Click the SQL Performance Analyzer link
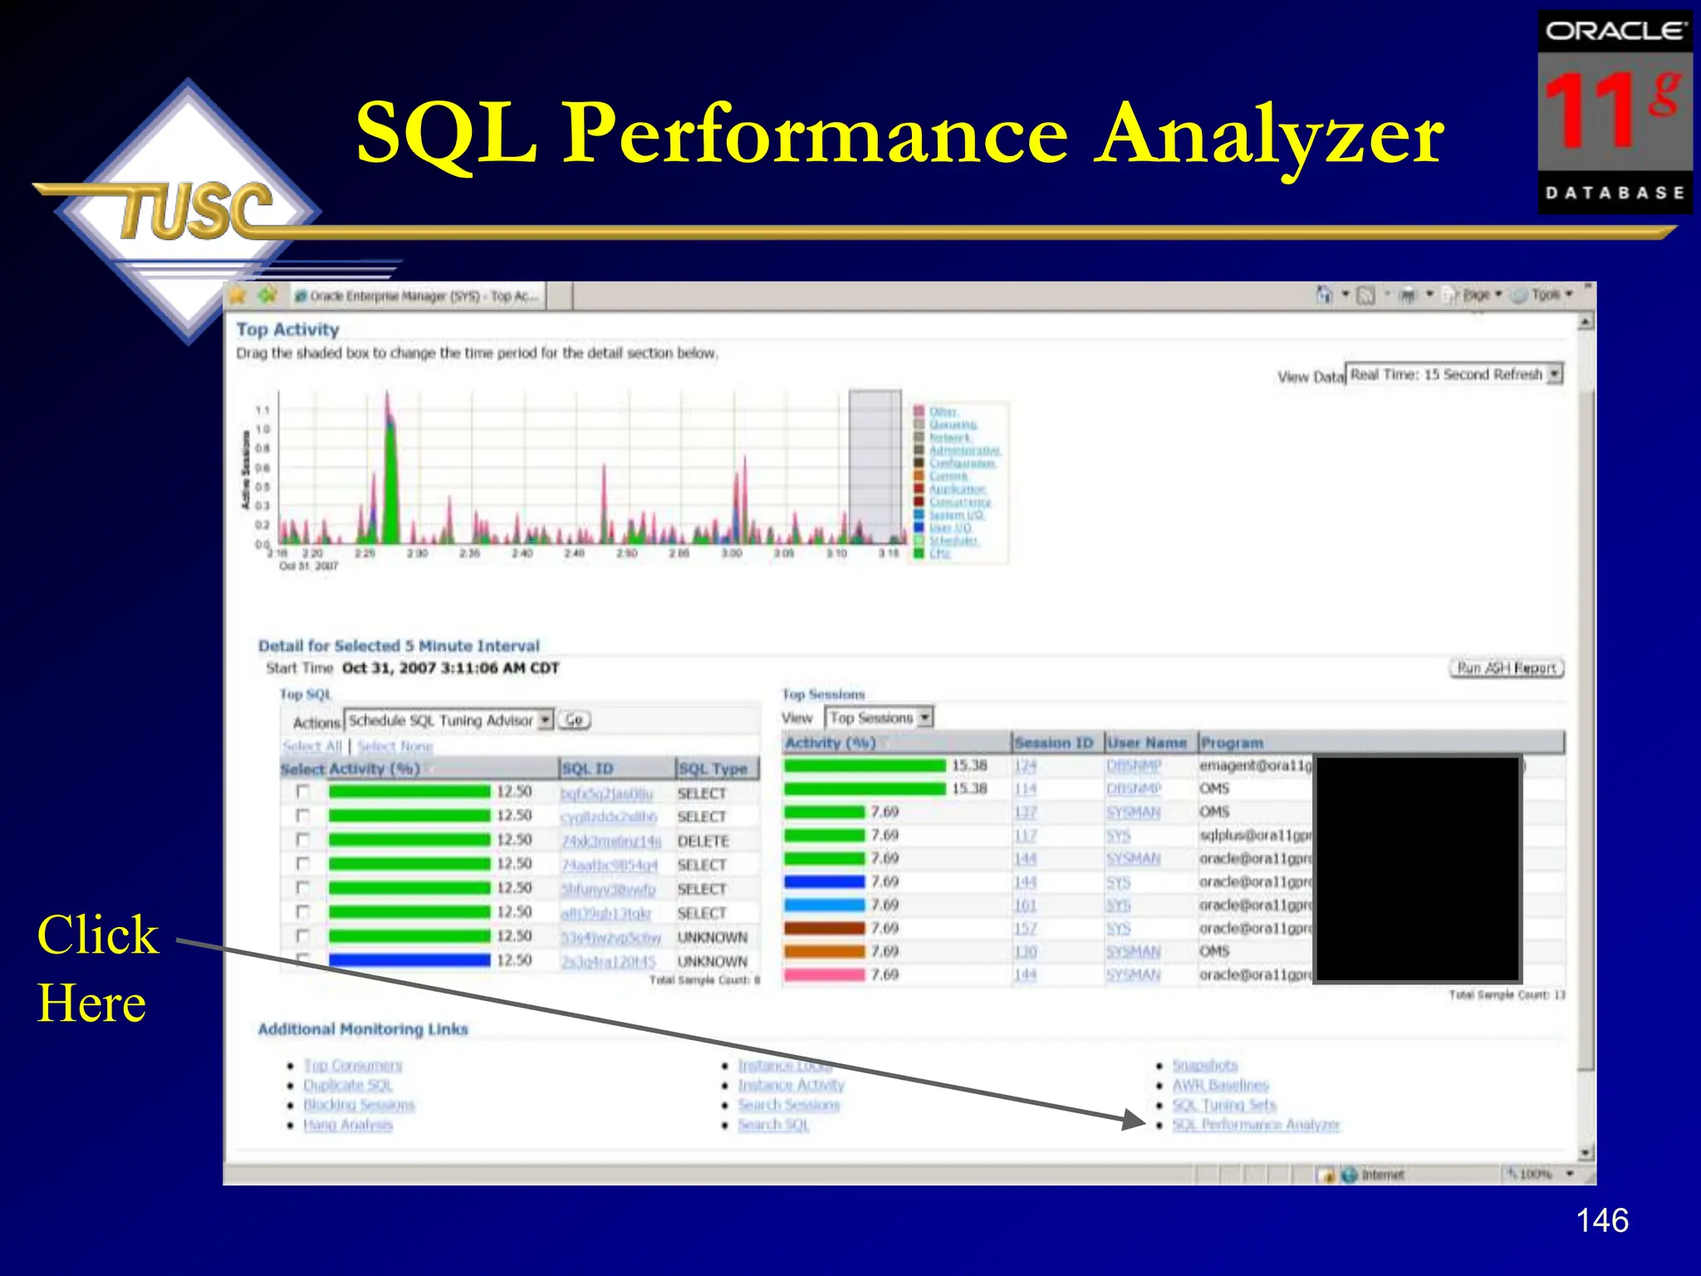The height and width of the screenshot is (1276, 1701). [1256, 1125]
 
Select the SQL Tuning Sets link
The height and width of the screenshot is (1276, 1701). [1223, 1105]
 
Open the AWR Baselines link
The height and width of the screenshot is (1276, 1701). [1220, 1085]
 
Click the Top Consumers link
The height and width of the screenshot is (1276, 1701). [352, 1065]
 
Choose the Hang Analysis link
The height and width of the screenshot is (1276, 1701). [347, 1125]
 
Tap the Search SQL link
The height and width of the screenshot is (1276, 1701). [773, 1125]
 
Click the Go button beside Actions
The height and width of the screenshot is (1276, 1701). [574, 720]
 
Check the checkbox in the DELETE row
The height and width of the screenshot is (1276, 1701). [303, 840]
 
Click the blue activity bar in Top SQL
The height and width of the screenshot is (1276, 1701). [409, 960]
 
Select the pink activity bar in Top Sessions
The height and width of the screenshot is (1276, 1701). [824, 974]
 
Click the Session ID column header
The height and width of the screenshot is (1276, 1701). [1053, 743]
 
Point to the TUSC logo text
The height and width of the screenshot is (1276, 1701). [196, 210]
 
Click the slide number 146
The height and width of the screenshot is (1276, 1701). [1601, 1220]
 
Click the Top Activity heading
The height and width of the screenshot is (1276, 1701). [287, 330]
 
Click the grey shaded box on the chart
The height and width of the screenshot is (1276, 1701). [875, 465]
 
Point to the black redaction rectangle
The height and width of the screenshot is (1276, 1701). [1417, 869]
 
